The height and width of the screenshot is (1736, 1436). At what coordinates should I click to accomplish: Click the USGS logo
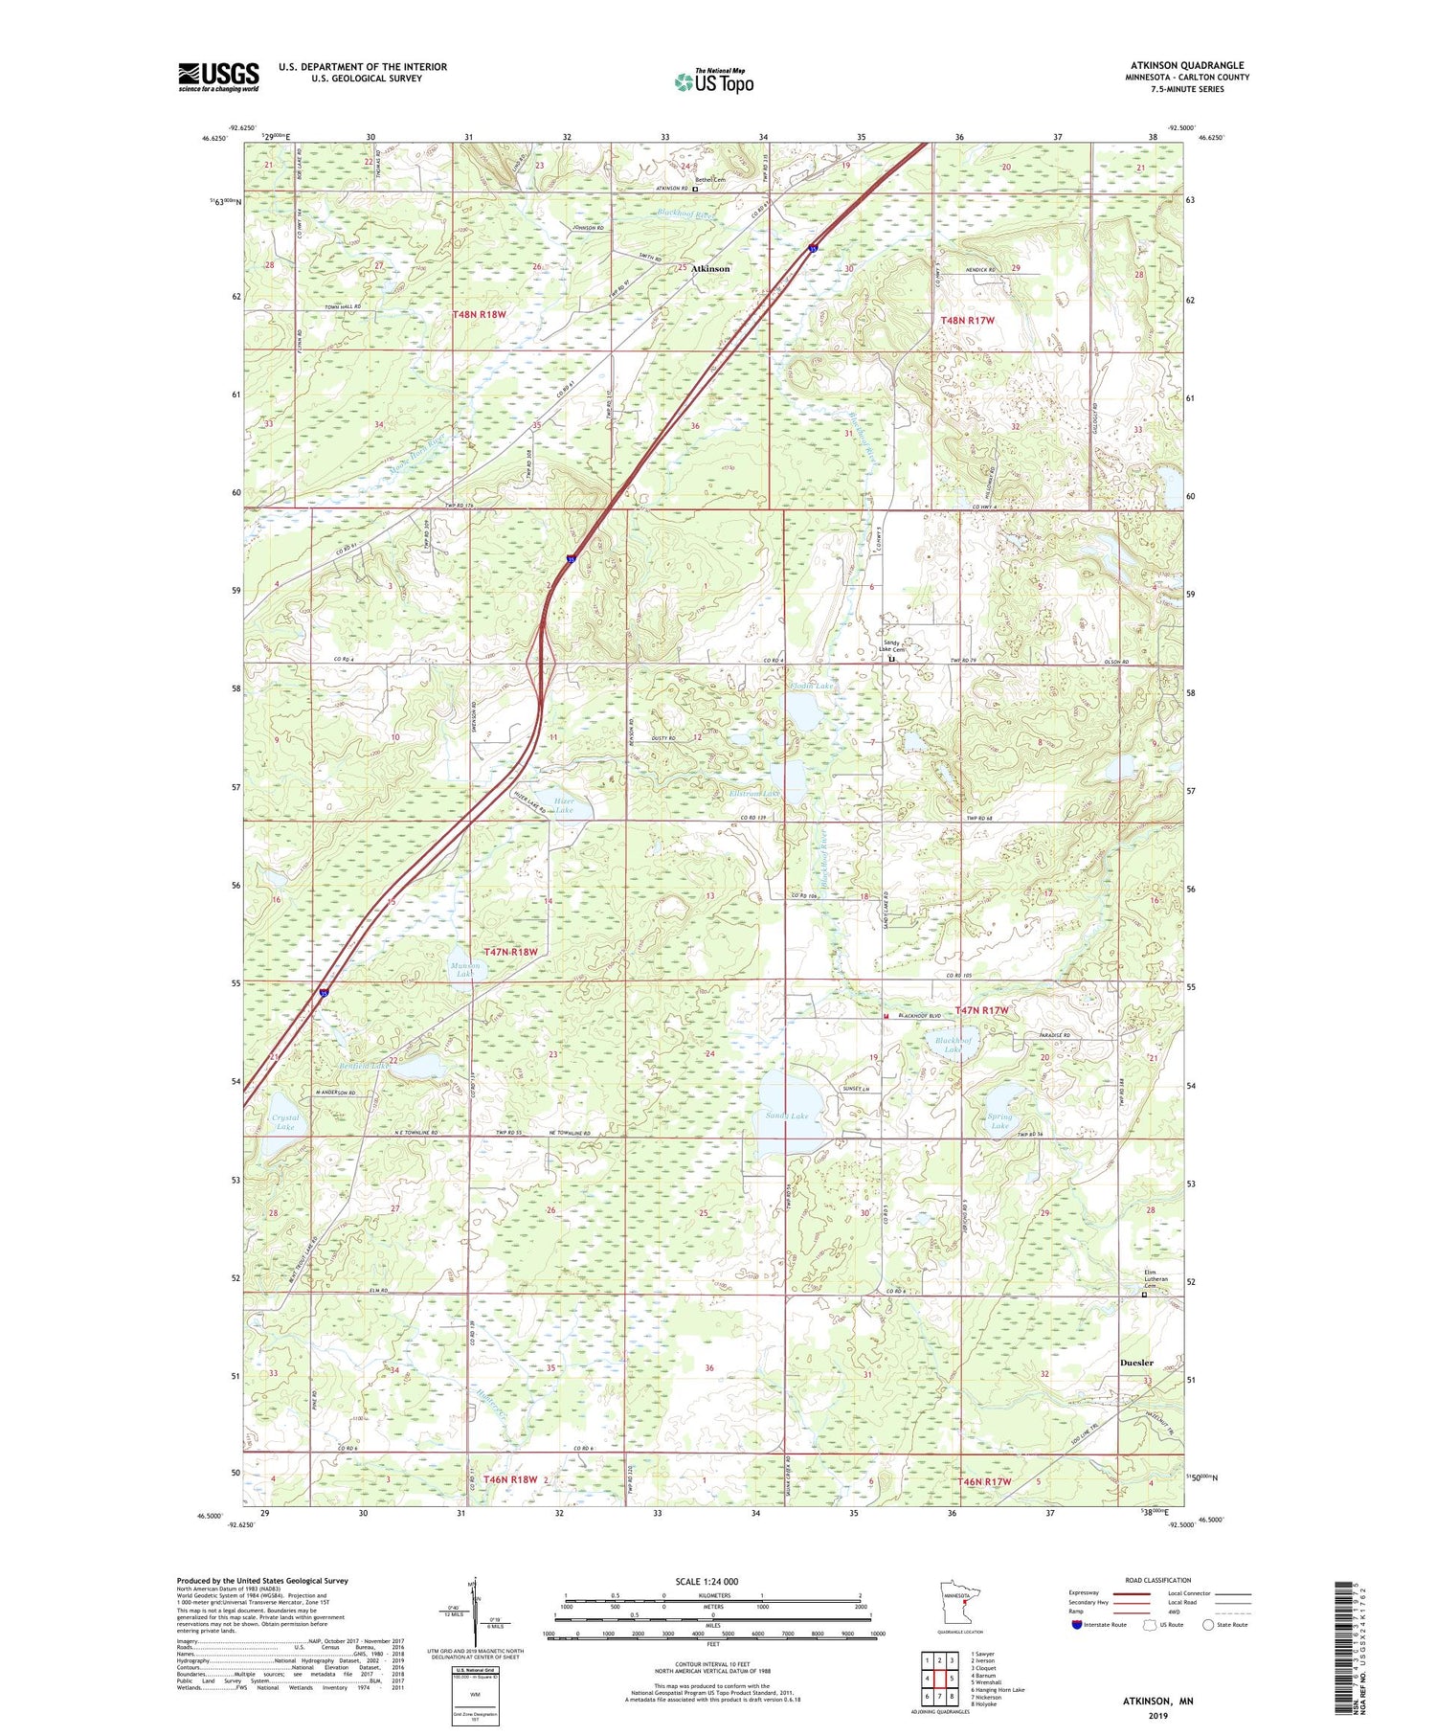218,77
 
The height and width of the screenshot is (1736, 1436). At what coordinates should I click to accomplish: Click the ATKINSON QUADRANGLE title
1187,65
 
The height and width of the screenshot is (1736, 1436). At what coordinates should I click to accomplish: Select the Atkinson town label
709,269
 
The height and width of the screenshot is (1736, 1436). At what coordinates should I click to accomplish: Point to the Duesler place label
1136,1363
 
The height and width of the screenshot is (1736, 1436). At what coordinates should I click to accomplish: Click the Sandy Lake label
787,1116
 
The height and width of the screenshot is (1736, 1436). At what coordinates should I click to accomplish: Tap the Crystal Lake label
285,1122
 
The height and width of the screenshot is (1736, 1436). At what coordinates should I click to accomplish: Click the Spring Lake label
999,1121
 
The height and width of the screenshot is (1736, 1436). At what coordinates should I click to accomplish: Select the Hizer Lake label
564,805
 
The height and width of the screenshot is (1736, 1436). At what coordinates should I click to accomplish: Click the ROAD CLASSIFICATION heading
1158,1580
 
